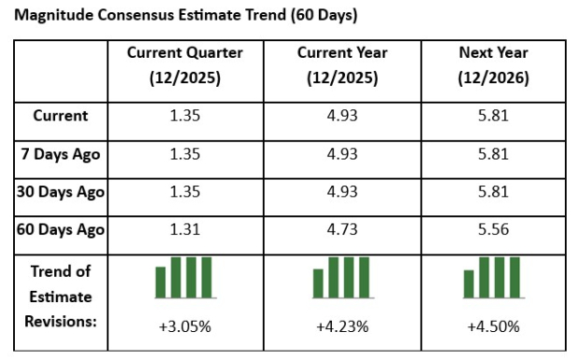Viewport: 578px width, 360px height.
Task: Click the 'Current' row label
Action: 61,116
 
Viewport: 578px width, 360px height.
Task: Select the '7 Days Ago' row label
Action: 61,154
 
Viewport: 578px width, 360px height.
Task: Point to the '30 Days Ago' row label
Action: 61,192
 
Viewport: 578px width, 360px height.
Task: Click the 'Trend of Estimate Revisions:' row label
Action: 61,297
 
